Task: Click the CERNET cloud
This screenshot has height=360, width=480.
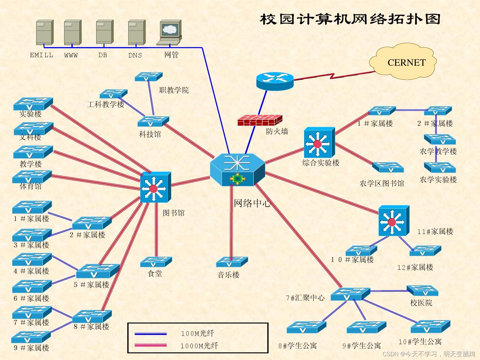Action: [x=403, y=63]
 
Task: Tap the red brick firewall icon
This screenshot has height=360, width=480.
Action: [x=260, y=120]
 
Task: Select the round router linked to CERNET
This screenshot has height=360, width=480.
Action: [x=275, y=81]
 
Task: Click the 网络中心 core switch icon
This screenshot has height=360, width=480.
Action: [x=237, y=169]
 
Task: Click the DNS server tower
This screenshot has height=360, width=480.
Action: [x=137, y=32]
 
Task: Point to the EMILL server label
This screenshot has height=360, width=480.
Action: [x=41, y=55]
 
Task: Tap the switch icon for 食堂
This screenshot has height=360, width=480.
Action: [x=156, y=262]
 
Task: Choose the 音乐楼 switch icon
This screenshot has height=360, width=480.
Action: [x=231, y=262]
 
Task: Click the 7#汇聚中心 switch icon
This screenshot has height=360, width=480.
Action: [x=350, y=294]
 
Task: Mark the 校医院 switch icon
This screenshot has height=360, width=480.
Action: [x=422, y=290]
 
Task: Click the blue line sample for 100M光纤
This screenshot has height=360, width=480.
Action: [x=150, y=334]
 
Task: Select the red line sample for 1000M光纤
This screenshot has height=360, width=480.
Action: [x=150, y=345]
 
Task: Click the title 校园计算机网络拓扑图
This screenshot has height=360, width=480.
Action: [x=350, y=19]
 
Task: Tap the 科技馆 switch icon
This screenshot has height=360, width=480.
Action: [x=153, y=121]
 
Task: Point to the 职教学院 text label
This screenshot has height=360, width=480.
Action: [x=174, y=90]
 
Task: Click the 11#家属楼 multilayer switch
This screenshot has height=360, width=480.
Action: [x=394, y=221]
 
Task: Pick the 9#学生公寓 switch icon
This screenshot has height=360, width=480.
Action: [x=366, y=327]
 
